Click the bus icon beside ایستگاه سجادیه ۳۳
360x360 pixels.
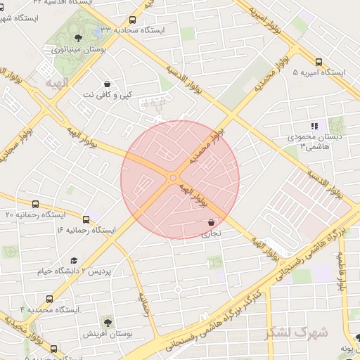133,20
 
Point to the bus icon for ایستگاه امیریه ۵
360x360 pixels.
319,61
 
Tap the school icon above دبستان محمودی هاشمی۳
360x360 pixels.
314,126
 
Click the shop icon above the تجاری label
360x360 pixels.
211,222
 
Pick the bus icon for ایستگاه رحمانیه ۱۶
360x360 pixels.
86,219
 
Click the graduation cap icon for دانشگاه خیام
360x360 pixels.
73,260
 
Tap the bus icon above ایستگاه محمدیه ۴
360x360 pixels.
49,299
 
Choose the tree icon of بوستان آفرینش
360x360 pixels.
108,321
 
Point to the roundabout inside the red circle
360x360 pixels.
173,179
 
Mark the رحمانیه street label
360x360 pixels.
146,304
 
